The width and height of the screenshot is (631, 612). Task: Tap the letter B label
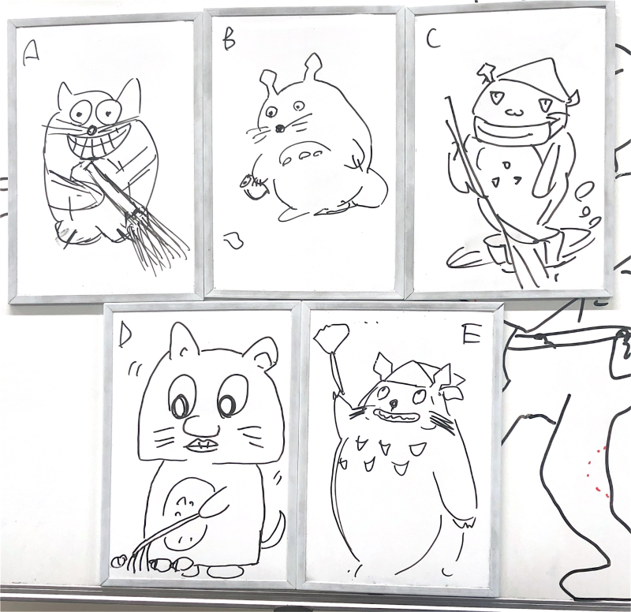(229, 41)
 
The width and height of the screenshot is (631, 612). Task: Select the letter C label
(432, 39)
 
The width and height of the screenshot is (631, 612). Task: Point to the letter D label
(125, 335)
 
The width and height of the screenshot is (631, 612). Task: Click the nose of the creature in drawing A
(92, 130)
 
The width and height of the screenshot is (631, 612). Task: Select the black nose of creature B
(278, 129)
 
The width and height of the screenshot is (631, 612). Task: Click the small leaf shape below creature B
(233, 241)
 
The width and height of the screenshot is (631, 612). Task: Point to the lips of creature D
(202, 446)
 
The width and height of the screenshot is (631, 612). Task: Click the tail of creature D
(274, 530)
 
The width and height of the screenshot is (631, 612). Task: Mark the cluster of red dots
(599, 472)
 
